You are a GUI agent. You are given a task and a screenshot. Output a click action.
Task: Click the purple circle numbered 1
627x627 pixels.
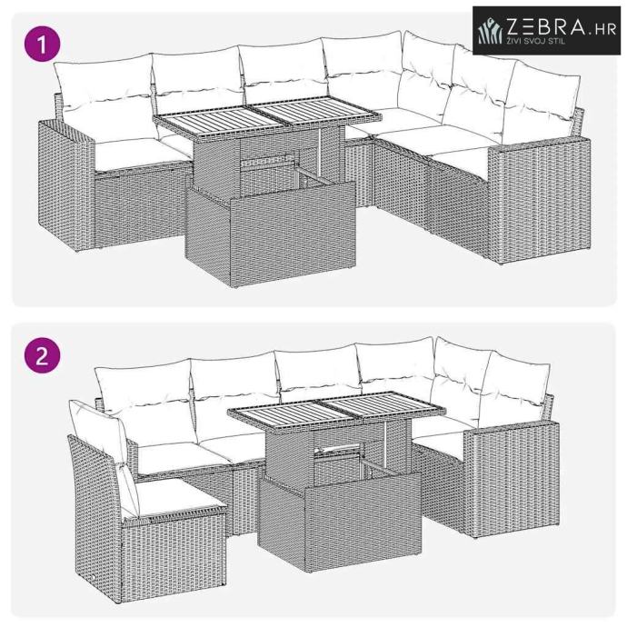[43, 44]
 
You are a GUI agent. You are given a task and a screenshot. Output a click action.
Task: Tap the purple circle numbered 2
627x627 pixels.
[43, 355]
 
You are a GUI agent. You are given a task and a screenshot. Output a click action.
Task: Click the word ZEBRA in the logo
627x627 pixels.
[546, 26]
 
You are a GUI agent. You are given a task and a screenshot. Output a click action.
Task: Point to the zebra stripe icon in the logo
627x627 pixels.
[491, 31]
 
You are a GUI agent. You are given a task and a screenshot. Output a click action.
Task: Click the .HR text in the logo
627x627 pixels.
[602, 29]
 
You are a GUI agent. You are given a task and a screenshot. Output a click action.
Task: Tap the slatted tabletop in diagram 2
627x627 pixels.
[336, 408]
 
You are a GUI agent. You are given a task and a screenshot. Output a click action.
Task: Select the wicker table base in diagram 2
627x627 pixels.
[340, 500]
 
